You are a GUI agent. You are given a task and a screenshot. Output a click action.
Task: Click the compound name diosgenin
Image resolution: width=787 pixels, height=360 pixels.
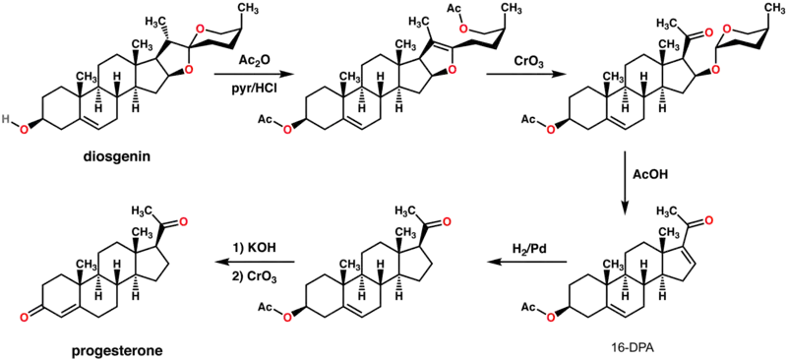(118, 158)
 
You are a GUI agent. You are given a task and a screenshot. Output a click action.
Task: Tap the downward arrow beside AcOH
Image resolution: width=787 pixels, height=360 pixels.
(626, 183)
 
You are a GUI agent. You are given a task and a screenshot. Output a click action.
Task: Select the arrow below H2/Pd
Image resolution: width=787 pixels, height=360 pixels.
(528, 262)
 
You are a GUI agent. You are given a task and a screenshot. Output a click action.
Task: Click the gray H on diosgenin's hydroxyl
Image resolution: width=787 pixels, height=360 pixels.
(5, 119)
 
